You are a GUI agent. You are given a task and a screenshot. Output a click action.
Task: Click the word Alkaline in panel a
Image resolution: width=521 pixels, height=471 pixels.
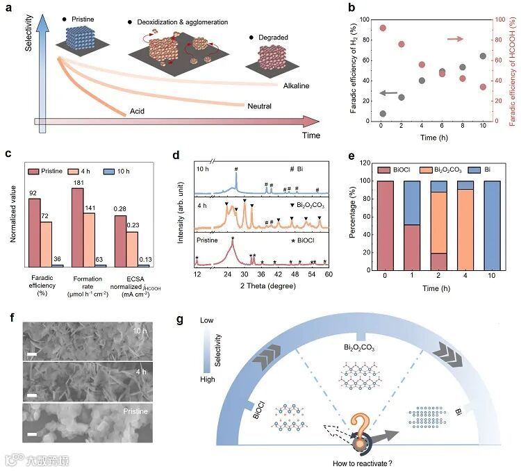[295, 85]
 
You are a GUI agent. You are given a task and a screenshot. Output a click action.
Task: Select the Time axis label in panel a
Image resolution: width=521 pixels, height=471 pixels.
[311, 135]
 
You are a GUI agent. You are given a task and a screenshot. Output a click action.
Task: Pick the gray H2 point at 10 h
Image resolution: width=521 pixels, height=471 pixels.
[483, 56]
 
